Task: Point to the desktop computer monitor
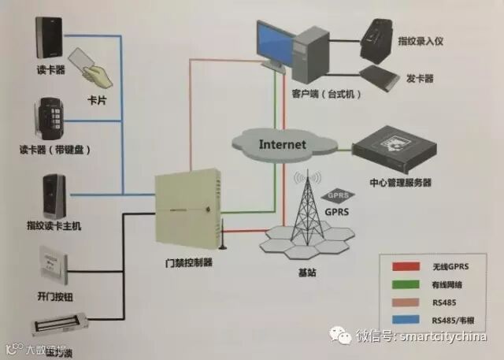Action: (x=276, y=43)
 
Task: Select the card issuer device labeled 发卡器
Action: (x=381, y=77)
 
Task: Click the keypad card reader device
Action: (x=46, y=117)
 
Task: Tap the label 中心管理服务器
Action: (x=400, y=184)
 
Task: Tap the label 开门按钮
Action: (x=55, y=297)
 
